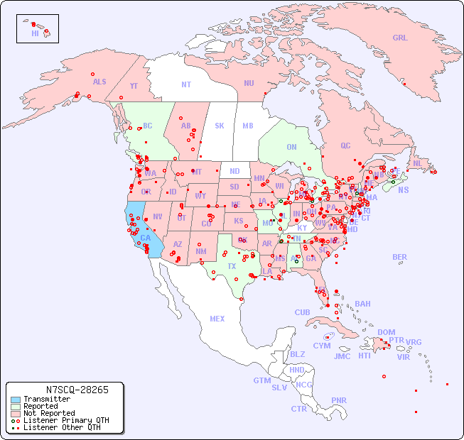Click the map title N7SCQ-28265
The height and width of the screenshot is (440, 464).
tap(77, 390)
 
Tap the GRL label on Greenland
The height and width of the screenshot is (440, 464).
tap(400, 38)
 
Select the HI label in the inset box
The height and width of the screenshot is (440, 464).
tap(35, 33)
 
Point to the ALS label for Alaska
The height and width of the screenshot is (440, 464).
tap(99, 82)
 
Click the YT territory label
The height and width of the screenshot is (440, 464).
tap(134, 86)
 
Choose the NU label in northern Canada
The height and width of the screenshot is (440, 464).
tap(249, 83)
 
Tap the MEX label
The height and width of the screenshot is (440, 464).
tap(217, 319)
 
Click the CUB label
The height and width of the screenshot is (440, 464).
tap(302, 312)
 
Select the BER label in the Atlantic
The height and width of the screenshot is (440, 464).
tap(399, 257)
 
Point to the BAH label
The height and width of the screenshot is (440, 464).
tap(362, 304)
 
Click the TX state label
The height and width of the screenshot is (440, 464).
tap(232, 266)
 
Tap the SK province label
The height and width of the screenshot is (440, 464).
tap(220, 126)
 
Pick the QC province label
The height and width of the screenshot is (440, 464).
tap(345, 145)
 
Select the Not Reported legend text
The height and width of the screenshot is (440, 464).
tap(49, 413)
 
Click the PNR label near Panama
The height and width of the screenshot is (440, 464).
tap(339, 400)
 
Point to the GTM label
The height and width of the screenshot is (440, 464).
tap(262, 380)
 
